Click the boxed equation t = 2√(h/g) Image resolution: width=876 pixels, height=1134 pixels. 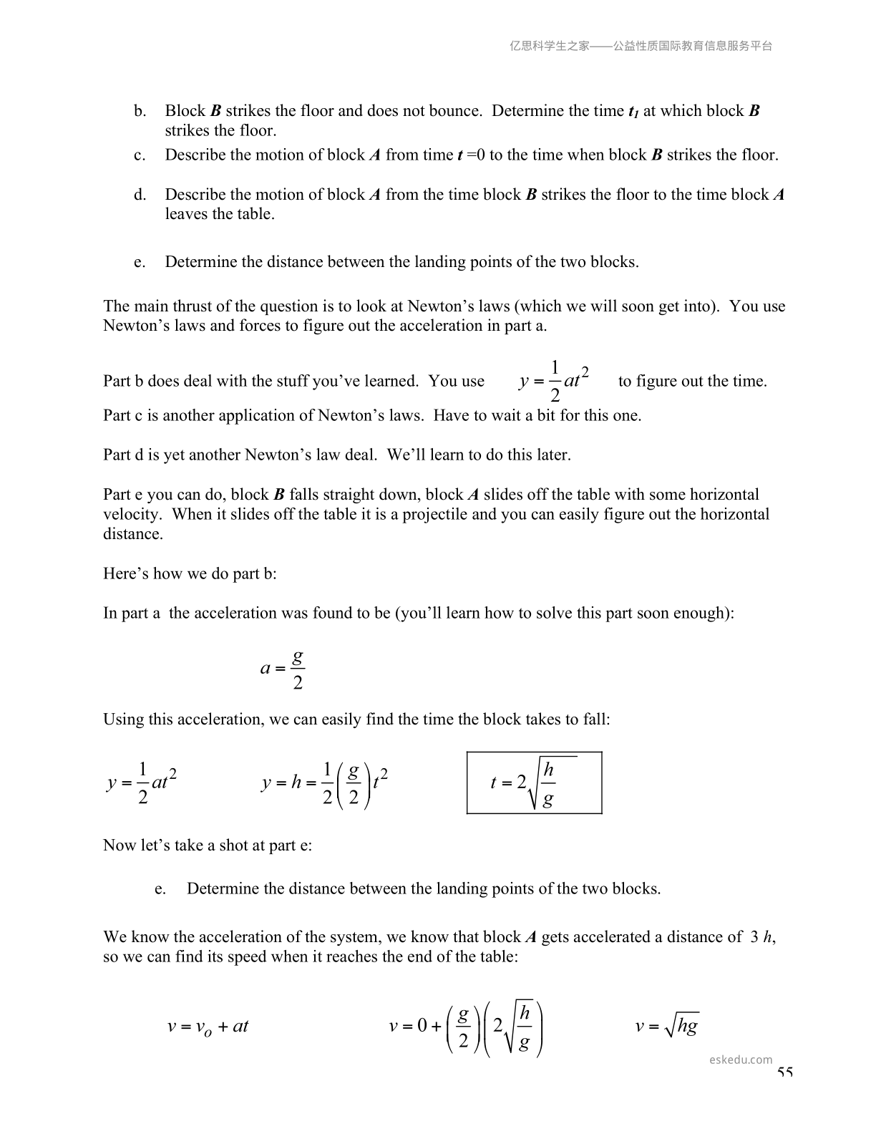pyautogui.click(x=534, y=782)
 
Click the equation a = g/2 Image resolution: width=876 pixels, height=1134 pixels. pyautogui.click(x=283, y=669)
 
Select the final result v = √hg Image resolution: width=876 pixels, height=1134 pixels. pyautogui.click(x=666, y=1027)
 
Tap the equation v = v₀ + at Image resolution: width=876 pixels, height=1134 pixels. pyautogui.click(x=208, y=1027)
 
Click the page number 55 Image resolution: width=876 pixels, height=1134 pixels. pyautogui.click(x=784, y=1072)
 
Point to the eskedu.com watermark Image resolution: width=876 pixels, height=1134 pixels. pyautogui.click(x=741, y=1060)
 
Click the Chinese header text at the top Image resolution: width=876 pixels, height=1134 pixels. pyautogui.click(x=641, y=46)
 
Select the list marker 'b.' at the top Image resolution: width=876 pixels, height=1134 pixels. pyautogui.click(x=140, y=111)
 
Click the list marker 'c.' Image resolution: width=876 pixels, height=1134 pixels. pyautogui.click(x=140, y=155)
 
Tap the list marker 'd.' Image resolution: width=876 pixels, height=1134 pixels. pyautogui.click(x=140, y=195)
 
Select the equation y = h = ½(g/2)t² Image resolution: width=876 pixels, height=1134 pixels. pyautogui.click(x=325, y=783)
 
